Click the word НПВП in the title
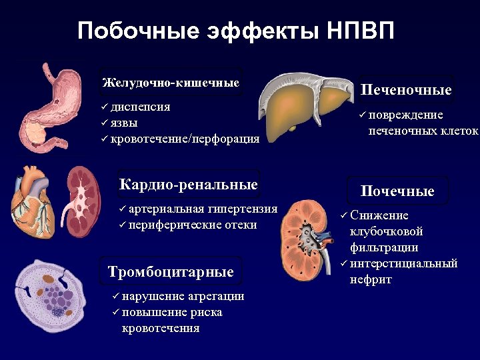tap(361, 31)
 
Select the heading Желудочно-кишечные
tap(171, 83)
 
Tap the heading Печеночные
tap(406, 90)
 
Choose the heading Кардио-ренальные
tap(188, 184)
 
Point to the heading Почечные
tap(397, 191)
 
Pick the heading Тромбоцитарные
tap(171, 271)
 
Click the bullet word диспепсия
tap(141, 107)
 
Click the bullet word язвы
tap(125, 123)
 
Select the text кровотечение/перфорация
tap(185, 139)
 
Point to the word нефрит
tap(371, 279)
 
